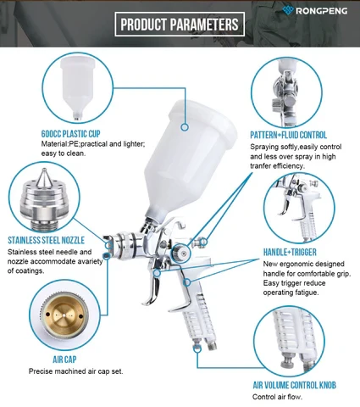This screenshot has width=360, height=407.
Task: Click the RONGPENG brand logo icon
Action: tap(288, 10)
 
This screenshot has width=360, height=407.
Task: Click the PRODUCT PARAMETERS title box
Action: tap(180, 25)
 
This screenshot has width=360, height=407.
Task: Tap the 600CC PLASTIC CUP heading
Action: tap(70, 134)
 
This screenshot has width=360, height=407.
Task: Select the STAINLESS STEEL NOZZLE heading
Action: tap(46, 240)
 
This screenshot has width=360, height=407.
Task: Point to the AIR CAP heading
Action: tap(64, 360)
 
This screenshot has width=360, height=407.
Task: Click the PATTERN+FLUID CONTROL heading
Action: tap(288, 135)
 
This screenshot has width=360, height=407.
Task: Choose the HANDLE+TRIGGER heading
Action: tap(290, 252)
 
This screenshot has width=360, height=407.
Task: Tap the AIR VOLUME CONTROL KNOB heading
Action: tap(295, 385)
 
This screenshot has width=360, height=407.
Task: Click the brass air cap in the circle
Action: tap(64, 315)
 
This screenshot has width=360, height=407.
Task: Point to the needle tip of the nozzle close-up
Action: tap(43, 170)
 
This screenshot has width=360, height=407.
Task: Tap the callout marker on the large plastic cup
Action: tap(185, 127)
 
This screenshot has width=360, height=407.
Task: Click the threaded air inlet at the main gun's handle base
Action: tap(212, 345)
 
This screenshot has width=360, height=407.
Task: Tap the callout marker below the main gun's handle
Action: tap(197, 348)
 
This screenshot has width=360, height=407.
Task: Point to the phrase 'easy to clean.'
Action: tap(63, 153)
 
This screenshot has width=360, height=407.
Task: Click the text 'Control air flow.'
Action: tap(277, 397)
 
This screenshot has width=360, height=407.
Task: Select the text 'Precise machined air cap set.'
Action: tap(76, 371)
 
